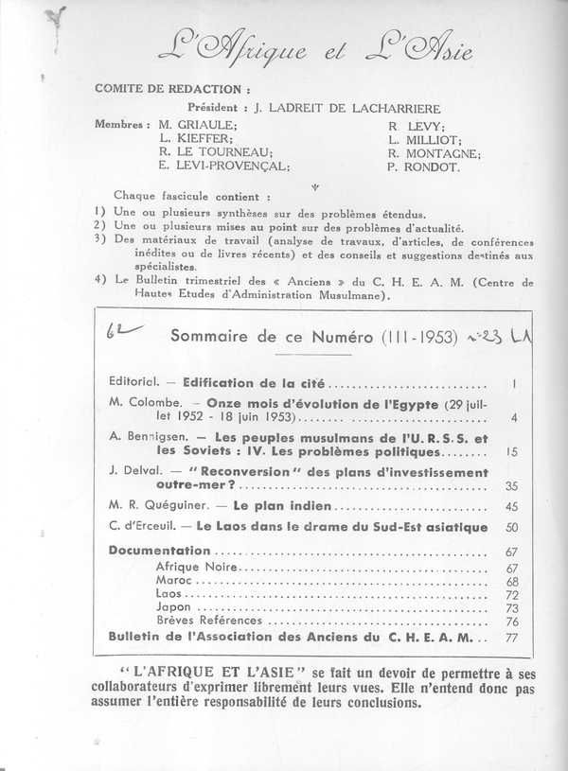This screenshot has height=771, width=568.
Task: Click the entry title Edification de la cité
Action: click(x=246, y=385)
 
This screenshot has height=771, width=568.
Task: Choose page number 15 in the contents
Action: click(x=485, y=452)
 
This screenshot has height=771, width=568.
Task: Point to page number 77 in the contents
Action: click(x=485, y=638)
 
